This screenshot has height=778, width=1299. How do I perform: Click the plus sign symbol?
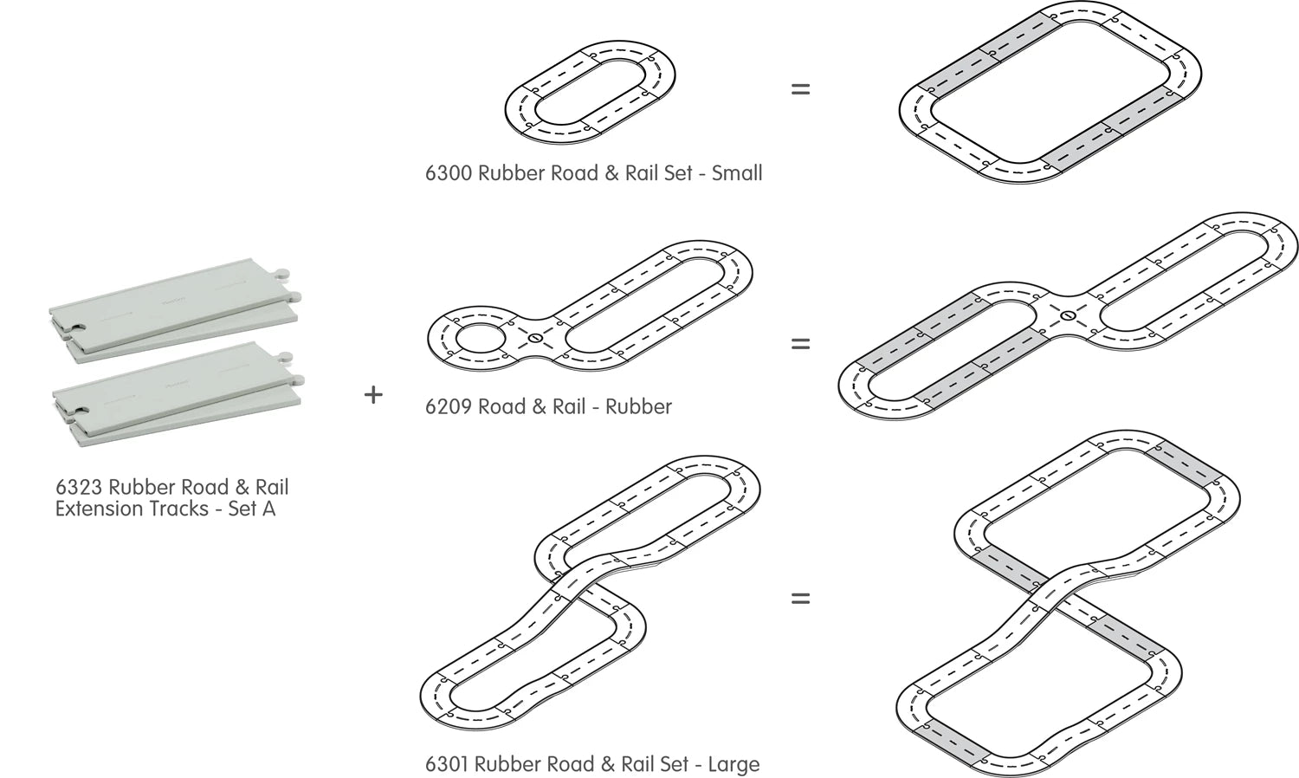pos(373,395)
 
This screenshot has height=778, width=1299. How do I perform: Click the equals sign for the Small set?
pos(800,88)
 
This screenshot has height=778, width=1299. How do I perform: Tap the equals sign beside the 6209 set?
pos(800,344)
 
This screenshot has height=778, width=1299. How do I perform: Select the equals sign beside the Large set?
pos(800,598)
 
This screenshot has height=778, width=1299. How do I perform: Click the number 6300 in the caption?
pos(448,173)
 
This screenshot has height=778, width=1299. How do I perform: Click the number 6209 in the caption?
pos(448,406)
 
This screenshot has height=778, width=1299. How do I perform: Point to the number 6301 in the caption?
pos(448,764)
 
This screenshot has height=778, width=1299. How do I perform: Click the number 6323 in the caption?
pos(79,488)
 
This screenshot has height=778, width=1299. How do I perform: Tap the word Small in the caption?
pos(737,173)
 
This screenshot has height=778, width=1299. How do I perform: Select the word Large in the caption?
pos(734,764)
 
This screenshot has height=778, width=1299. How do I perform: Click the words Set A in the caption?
pos(251,509)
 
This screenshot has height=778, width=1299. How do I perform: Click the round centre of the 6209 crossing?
pos(536,337)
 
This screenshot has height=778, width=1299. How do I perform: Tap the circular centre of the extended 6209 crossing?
pos(1068,315)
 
